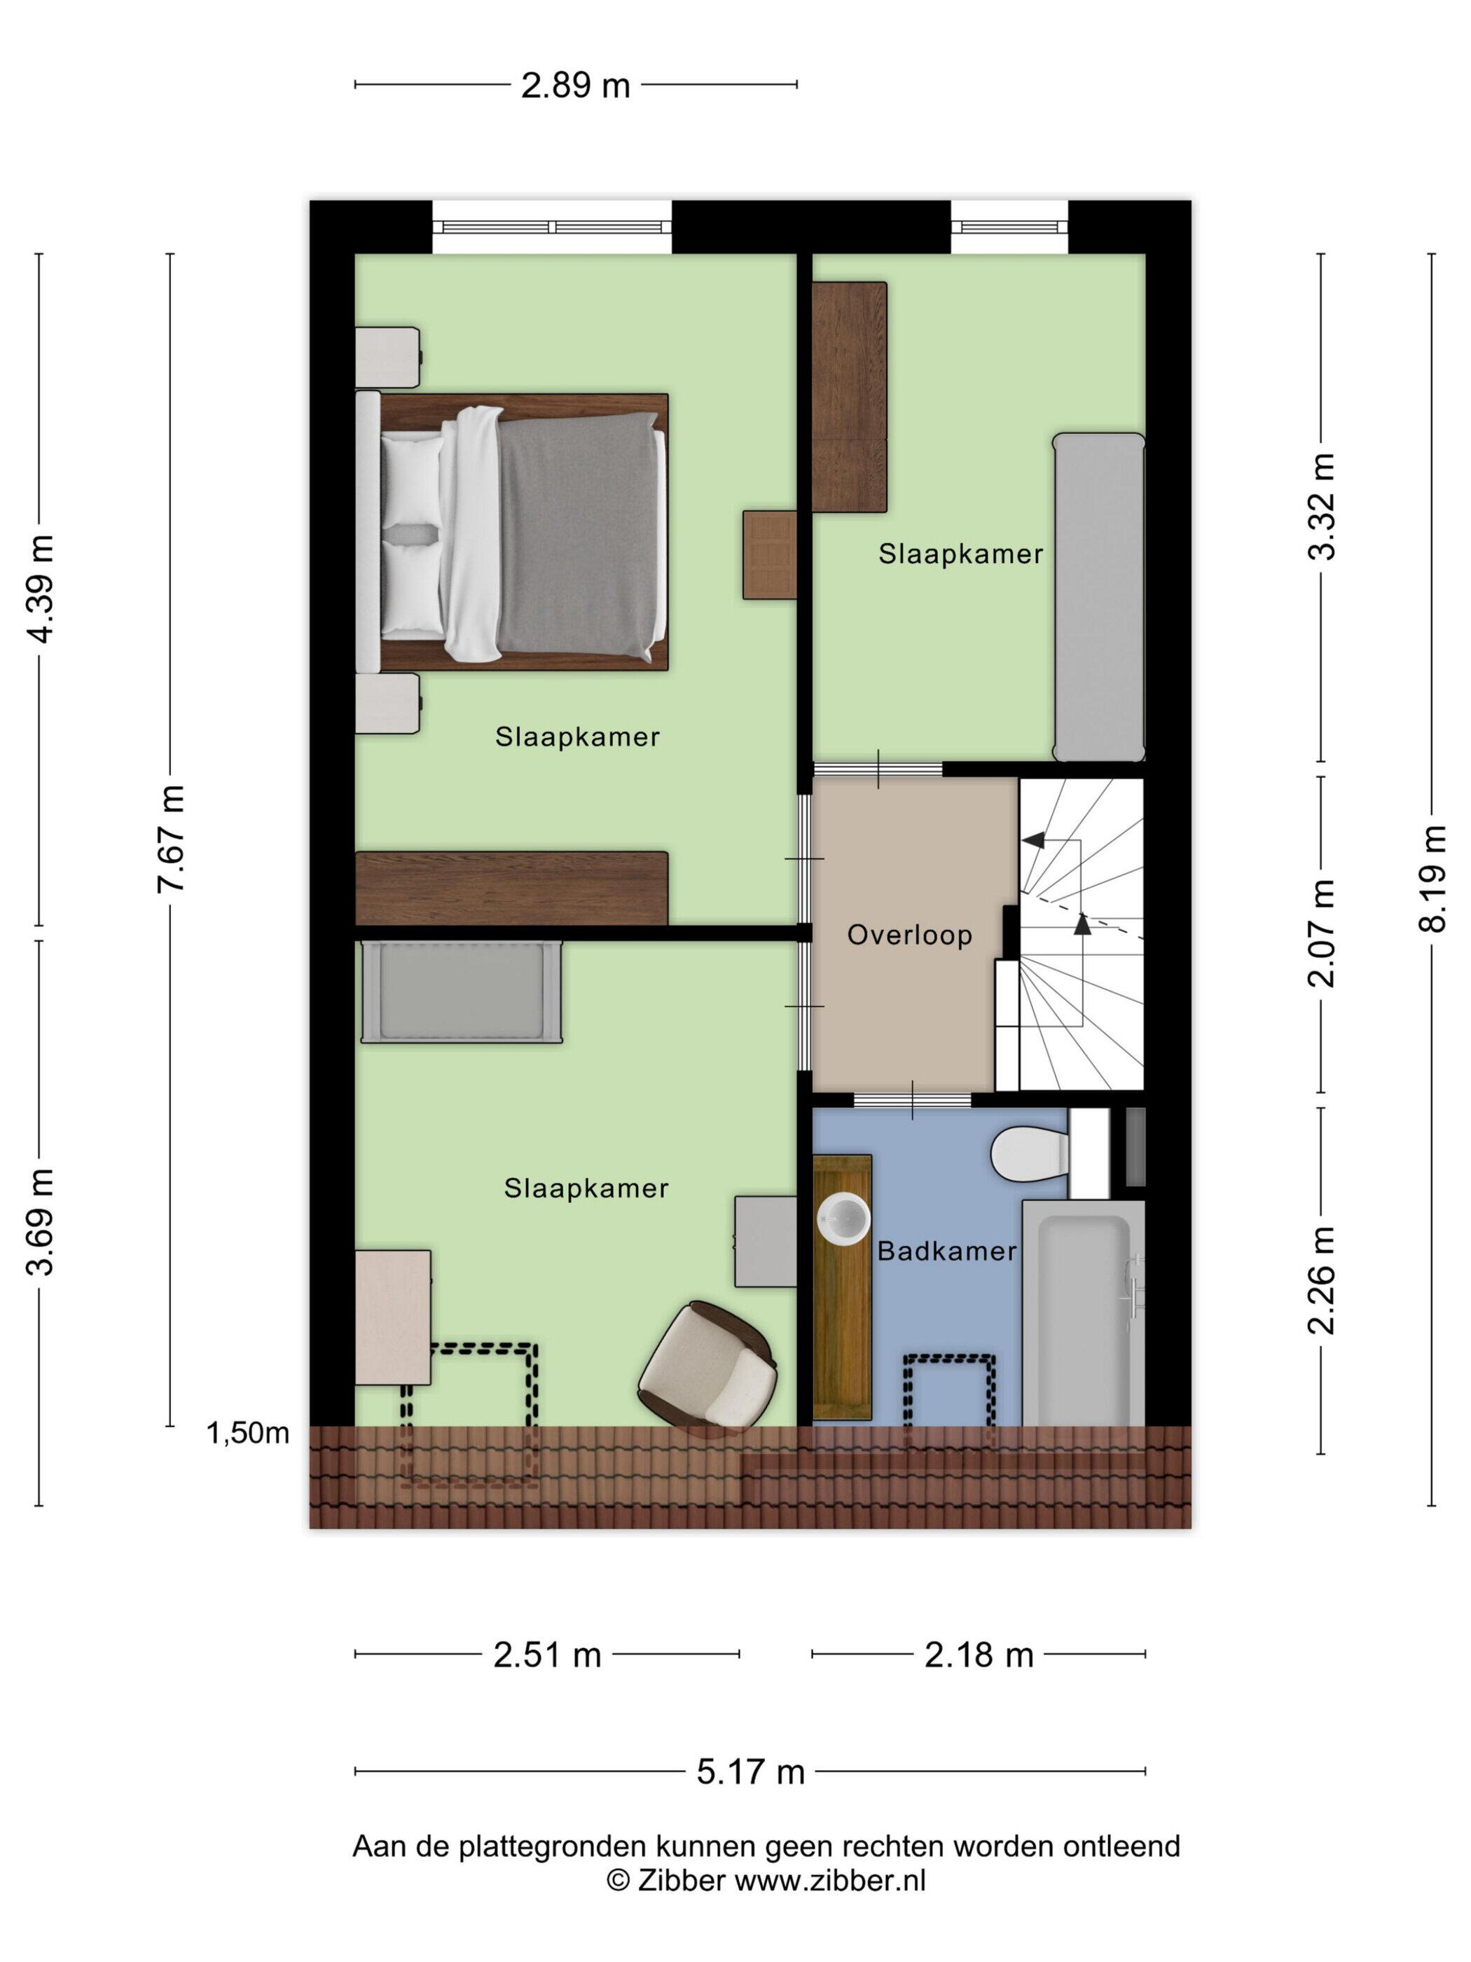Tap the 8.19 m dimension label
pyautogui.click(x=1431, y=878)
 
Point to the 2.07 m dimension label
pyautogui.click(x=1321, y=933)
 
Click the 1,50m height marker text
pyautogui.click(x=247, y=1432)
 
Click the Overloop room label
pyautogui.click(x=909, y=935)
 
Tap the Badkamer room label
pyautogui.click(x=947, y=1251)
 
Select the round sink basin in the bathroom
pyautogui.click(x=843, y=1219)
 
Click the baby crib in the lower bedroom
pyautogui.click(x=461, y=991)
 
